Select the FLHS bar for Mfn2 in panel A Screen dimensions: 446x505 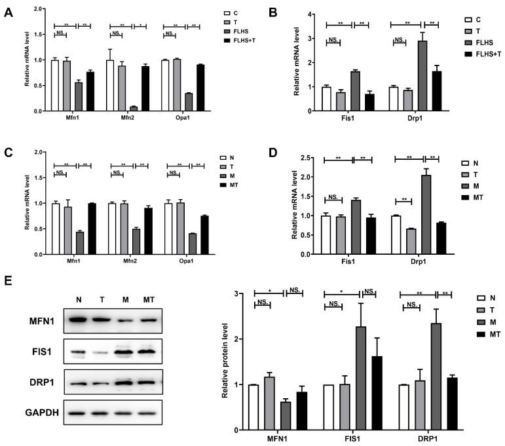[134, 109]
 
